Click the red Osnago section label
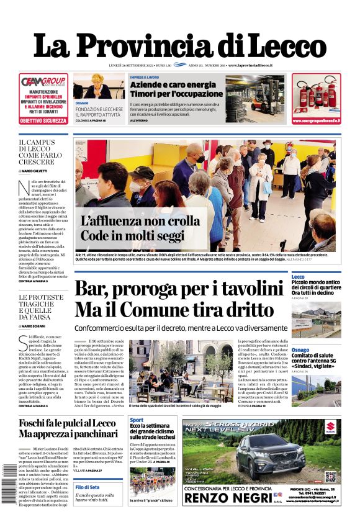tap(300, 350)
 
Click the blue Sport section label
tap(137, 420)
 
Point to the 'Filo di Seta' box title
tap(87, 487)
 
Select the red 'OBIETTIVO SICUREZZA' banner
tap(43, 120)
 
